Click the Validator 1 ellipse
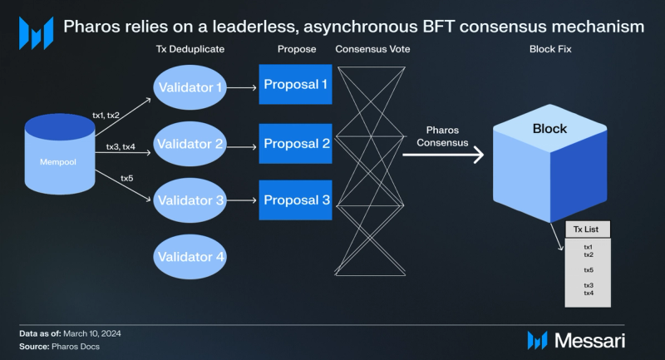tap(190, 86)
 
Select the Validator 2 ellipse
tap(190, 144)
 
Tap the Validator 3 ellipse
tap(190, 200)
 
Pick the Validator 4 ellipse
tap(190, 257)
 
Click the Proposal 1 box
tap(295, 84)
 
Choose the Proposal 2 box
tap(295, 144)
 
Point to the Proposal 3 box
tap(295, 200)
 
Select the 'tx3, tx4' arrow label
tap(121, 147)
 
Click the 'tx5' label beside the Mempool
tap(127, 178)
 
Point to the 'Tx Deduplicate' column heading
tap(190, 50)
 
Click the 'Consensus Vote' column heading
tap(372, 50)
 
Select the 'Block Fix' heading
tap(549, 50)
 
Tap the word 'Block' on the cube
tap(549, 129)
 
